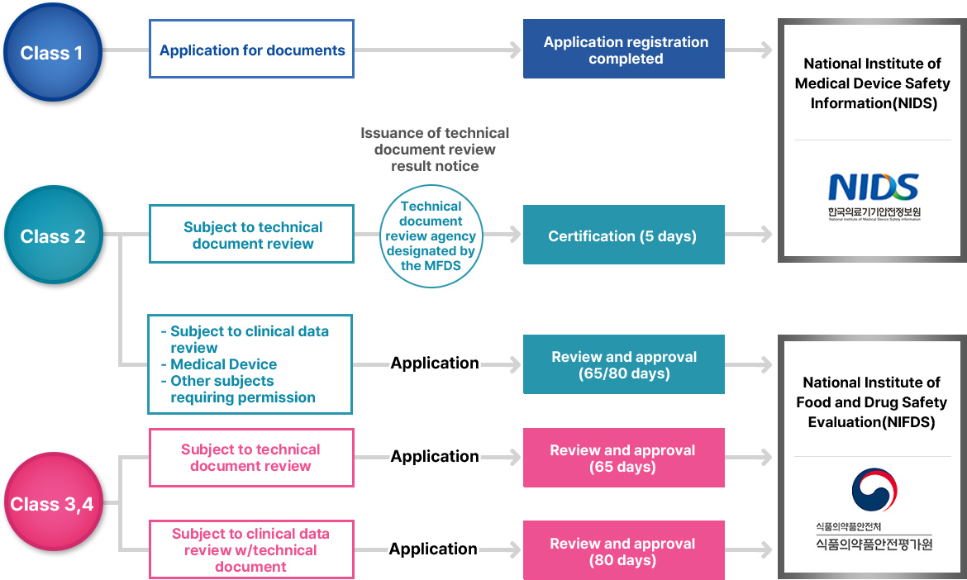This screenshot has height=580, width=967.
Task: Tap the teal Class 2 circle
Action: point(53,236)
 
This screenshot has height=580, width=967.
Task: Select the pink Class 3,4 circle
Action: point(53,503)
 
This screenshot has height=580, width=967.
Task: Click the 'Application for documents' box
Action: point(252,50)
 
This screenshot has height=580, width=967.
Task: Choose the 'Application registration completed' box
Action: point(624,50)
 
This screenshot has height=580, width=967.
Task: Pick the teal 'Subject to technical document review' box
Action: point(252,235)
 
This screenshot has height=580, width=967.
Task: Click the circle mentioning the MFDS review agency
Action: point(431,235)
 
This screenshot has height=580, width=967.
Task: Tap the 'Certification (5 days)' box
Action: point(624,236)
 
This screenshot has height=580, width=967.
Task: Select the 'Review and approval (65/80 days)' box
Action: point(624,364)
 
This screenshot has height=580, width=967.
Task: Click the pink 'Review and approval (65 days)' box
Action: point(624,458)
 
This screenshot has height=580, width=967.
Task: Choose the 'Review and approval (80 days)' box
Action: point(624,551)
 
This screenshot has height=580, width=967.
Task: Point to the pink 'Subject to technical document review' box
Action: point(251,458)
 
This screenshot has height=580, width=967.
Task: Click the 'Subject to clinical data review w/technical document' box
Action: point(251,550)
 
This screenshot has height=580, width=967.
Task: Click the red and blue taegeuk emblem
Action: point(874,490)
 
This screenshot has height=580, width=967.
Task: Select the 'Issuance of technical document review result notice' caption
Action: point(435,150)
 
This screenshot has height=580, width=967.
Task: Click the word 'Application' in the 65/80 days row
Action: point(435,364)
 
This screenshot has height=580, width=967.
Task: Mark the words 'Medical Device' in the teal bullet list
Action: point(224,364)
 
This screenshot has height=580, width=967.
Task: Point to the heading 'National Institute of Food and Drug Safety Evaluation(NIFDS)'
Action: point(872,402)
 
